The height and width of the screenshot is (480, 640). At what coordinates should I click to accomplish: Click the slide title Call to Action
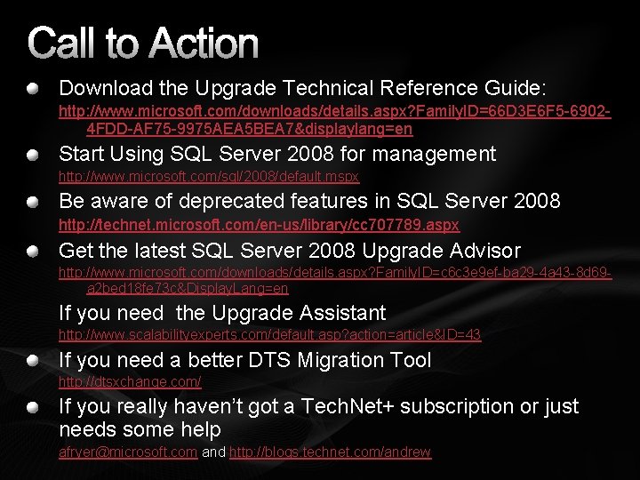click(143, 43)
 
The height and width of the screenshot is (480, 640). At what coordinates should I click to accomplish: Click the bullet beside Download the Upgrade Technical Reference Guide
click(33, 89)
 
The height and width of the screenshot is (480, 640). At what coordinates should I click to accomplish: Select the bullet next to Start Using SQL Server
click(33, 155)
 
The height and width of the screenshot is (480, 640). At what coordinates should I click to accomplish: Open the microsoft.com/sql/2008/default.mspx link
click(209, 177)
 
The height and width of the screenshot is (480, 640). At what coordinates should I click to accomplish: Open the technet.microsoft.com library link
click(259, 225)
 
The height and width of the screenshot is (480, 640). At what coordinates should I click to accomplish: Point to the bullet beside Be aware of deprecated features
click(33, 202)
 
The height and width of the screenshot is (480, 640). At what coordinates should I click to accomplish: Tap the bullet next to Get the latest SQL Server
click(33, 251)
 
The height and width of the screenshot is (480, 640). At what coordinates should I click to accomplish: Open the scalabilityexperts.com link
click(269, 335)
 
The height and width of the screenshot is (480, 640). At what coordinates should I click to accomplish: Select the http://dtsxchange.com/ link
click(130, 382)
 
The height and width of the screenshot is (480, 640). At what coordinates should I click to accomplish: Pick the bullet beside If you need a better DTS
click(33, 361)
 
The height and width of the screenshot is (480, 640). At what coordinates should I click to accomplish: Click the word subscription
click(430, 406)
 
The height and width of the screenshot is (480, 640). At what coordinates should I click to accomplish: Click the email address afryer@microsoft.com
click(128, 452)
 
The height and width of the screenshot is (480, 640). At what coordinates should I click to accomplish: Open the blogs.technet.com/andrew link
click(330, 452)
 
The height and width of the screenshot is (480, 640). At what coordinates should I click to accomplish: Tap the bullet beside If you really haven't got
click(33, 407)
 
